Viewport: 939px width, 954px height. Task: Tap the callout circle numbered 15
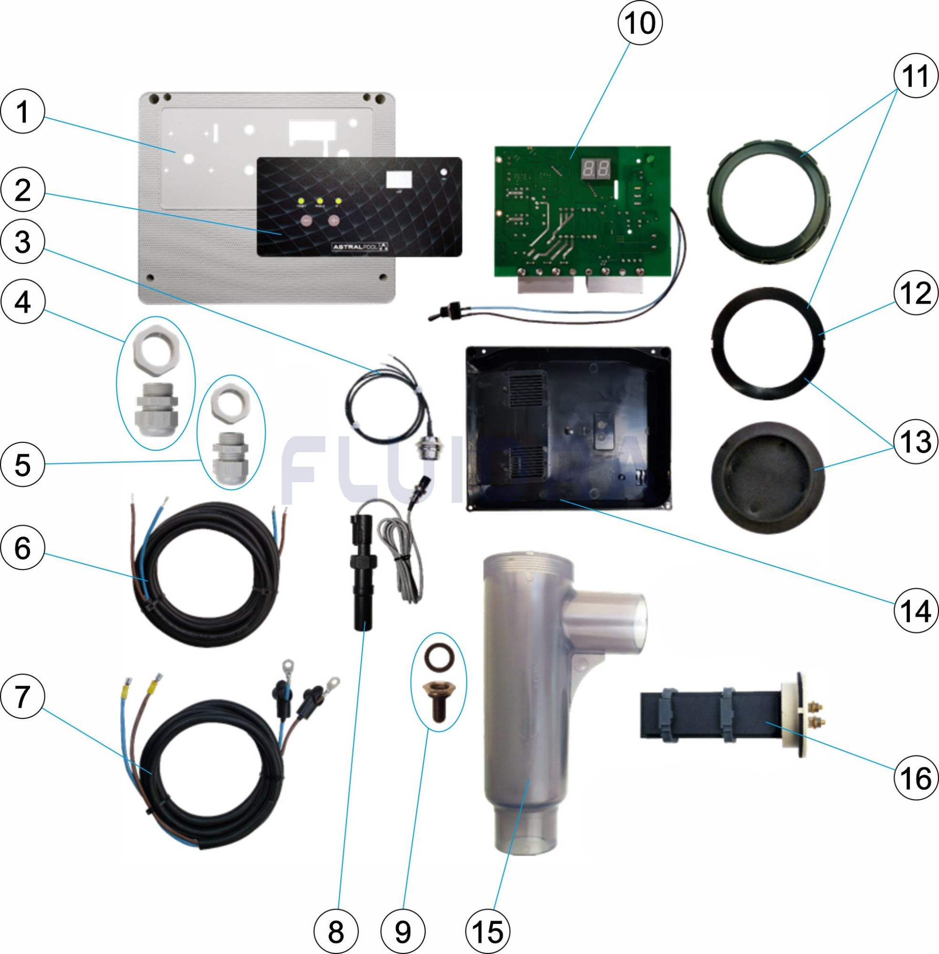point(487,930)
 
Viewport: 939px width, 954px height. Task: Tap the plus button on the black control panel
point(334,221)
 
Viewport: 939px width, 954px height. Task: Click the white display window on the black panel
point(399,179)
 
